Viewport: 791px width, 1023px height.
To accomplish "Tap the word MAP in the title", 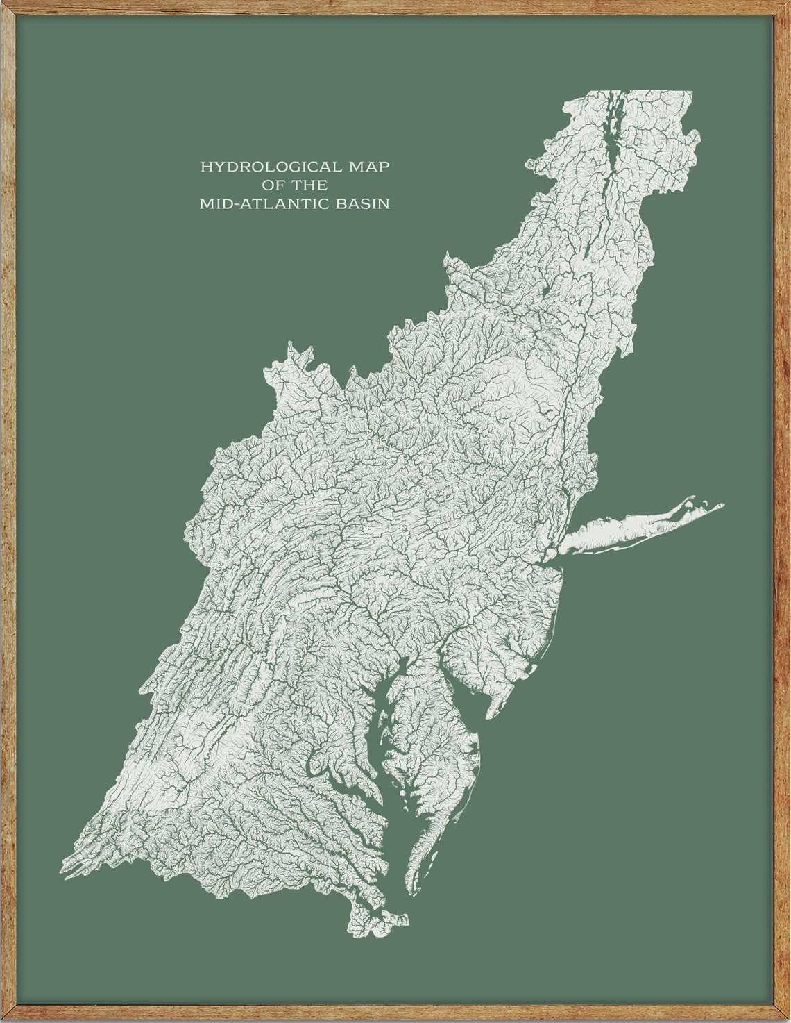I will point(366,167).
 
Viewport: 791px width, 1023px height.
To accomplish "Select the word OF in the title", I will point(274,185).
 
